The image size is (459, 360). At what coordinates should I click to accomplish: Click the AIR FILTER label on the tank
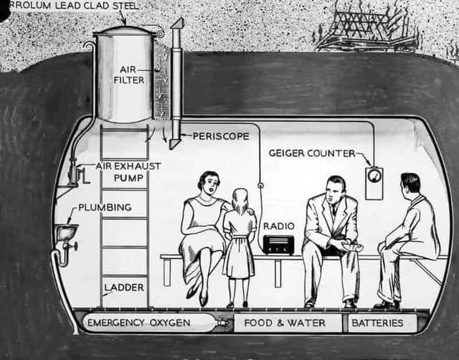(x=128, y=75)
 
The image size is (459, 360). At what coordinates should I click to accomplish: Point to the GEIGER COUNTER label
(x=312, y=153)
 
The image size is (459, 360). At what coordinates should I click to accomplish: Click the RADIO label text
(x=278, y=225)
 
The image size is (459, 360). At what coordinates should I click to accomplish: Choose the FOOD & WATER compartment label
(x=285, y=323)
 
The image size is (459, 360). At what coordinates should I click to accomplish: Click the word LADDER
(x=124, y=288)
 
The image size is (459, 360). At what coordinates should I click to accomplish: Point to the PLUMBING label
(x=105, y=207)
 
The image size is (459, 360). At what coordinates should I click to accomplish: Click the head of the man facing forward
(x=335, y=190)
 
